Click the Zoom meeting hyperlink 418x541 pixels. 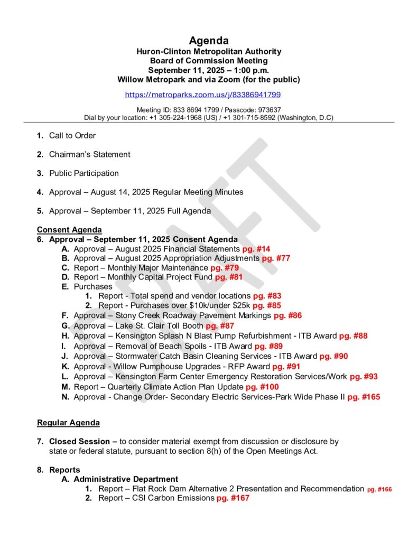coord(202,95)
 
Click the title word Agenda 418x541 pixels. coord(209,41)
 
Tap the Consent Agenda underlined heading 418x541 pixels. coord(69,230)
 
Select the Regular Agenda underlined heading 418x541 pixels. coord(68,423)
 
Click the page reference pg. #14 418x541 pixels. coord(256,249)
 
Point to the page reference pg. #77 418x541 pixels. coord(276,258)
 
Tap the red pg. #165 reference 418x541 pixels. coord(364,397)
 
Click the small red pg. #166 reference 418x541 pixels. coord(379,489)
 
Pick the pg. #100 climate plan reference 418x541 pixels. coord(262,387)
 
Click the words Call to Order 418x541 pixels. coord(72,136)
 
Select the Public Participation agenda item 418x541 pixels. coord(84,173)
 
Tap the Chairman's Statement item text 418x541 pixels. coord(89,154)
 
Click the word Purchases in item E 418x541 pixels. coord(93,286)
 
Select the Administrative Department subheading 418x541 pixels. coord(126,479)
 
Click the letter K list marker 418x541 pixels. coord(66,366)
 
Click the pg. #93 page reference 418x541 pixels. coord(364,377)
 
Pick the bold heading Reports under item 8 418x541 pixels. coord(64,470)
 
